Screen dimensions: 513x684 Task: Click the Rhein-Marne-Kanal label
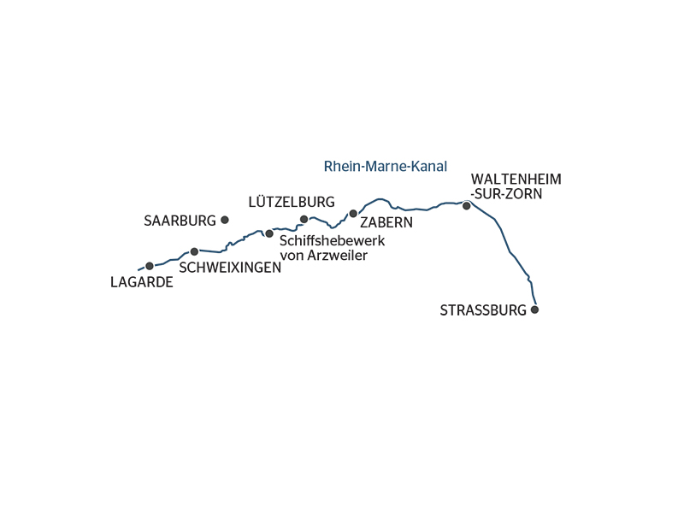[386, 167]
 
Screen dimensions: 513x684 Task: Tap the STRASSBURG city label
[483, 310]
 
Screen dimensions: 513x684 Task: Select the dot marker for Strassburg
[535, 310]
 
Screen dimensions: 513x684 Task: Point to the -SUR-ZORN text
[507, 194]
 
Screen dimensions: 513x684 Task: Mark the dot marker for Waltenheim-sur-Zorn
[466, 206]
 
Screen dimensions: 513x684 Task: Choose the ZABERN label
[386, 222]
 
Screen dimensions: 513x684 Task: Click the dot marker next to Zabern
[352, 213]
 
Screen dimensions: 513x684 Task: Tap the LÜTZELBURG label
[291, 203]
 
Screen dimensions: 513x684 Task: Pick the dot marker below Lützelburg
[304, 219]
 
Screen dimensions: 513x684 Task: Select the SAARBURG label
[180, 221]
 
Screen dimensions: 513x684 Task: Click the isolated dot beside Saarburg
[225, 220]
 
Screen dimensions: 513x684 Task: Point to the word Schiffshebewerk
[333, 240]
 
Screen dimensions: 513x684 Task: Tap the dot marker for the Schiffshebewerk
[269, 233]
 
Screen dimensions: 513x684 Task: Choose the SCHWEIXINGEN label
[230, 268]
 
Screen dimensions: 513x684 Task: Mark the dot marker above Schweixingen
[194, 251]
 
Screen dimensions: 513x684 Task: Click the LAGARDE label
[142, 282]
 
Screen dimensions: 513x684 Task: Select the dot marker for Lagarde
[150, 266]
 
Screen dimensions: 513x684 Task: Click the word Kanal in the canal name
[430, 167]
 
